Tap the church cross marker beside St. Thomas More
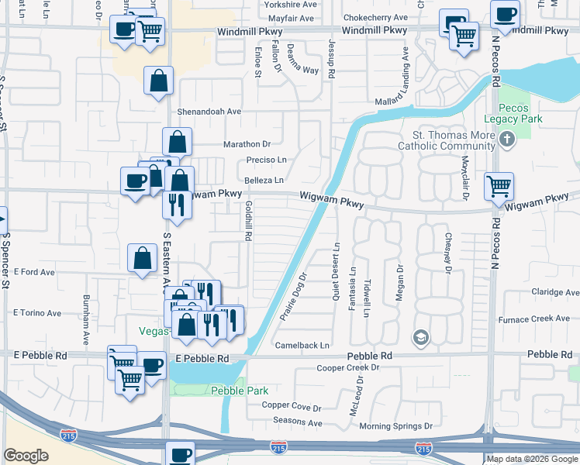[507, 140]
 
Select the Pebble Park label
[240, 391]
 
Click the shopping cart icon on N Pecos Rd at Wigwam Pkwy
[499, 186]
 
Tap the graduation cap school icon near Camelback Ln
[420, 337]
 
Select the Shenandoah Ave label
[209, 112]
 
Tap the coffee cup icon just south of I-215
[181, 454]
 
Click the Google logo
[26, 456]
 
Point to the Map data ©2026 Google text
[532, 460]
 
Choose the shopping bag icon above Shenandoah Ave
[158, 80]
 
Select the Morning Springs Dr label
[395, 426]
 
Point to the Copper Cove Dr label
[292, 406]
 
